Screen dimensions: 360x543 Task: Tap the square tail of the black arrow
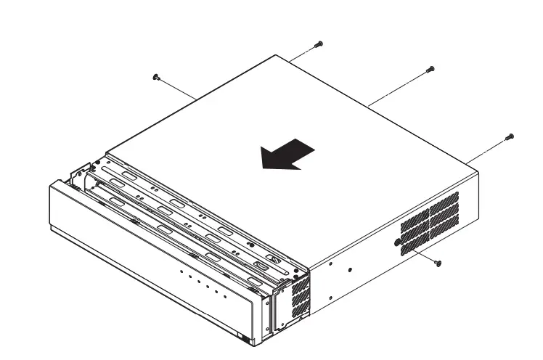[309, 150]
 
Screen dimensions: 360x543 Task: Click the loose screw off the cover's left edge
[156, 76]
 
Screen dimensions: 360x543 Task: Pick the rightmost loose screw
[509, 136]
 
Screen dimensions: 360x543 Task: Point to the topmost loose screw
[319, 44]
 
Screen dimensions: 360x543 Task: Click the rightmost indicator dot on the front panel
[224, 295]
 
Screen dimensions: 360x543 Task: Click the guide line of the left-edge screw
[178, 87]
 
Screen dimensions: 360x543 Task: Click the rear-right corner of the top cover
[477, 173]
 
